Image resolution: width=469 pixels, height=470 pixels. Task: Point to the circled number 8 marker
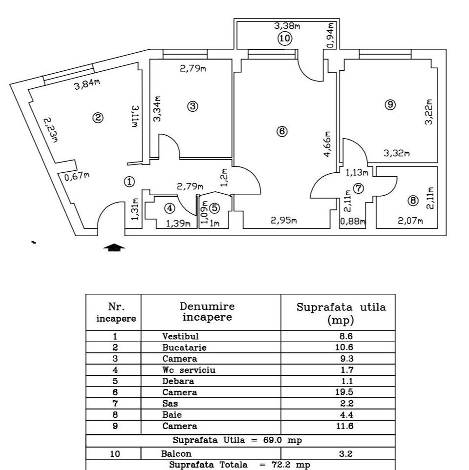pos(413,200)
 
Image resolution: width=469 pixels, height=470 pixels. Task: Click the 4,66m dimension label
pos(328,143)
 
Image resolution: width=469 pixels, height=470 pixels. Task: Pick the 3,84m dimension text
pos(87,85)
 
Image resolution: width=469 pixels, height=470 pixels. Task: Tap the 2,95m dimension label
pos(284,221)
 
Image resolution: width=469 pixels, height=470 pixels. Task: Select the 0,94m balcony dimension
pos(330,35)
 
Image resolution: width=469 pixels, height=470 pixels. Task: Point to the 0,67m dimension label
pos(77,176)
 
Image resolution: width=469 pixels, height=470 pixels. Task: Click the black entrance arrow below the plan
pos(114,248)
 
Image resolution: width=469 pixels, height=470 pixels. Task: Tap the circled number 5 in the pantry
pos(215,207)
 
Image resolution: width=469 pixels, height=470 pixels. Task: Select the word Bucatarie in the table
pos(185,348)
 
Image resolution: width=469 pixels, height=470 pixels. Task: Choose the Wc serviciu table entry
pos(189,370)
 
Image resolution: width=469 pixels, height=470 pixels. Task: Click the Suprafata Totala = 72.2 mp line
pos(239,465)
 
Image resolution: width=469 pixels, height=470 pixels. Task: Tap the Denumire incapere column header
pos(207,312)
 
